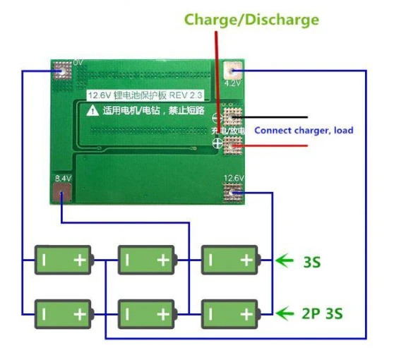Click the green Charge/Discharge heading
[251, 19]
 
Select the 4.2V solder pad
[232, 71]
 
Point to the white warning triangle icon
[92, 111]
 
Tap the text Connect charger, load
[304, 130]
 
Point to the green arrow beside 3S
[285, 261]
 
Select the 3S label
[311, 262]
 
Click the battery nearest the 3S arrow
[230, 260]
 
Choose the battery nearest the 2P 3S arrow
[230, 311]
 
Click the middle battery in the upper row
[147, 260]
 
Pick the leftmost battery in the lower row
[64, 311]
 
